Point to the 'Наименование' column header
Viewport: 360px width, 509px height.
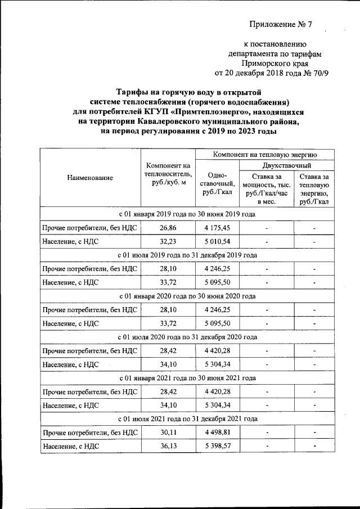(x=90, y=178)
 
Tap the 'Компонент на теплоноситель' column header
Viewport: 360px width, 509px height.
(x=169, y=174)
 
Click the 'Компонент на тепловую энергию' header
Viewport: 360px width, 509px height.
(x=265, y=154)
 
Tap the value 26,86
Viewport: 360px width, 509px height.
(x=168, y=228)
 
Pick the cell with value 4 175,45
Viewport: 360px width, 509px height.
(x=217, y=228)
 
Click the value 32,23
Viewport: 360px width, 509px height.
(x=168, y=241)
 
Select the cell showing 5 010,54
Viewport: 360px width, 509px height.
(x=217, y=241)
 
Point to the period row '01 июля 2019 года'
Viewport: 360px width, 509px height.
(x=187, y=255)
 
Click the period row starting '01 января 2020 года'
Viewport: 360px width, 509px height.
(x=187, y=296)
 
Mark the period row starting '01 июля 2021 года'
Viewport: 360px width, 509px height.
(x=187, y=419)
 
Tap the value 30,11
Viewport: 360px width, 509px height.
(x=168, y=433)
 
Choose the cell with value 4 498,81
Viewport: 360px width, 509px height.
(x=217, y=433)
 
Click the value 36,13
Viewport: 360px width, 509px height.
(x=168, y=446)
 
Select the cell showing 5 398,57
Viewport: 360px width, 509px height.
(x=217, y=446)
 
